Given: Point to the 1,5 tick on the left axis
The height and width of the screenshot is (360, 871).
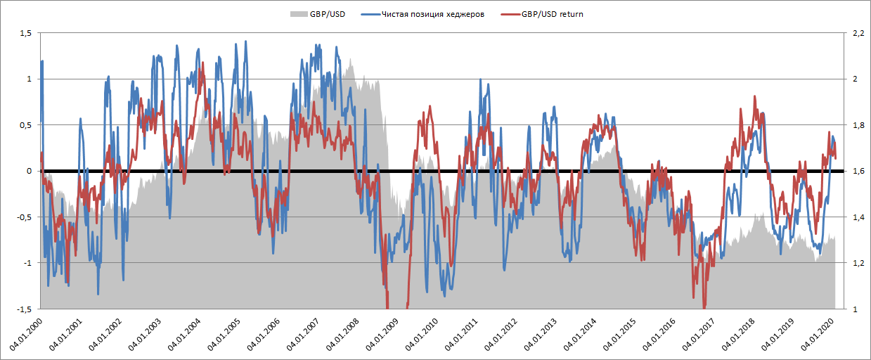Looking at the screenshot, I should pyautogui.click(x=25, y=33).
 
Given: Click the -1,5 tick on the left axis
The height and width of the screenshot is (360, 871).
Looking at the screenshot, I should pyautogui.click(x=24, y=309).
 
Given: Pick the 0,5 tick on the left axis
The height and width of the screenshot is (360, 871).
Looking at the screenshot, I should pyautogui.click(x=25, y=125).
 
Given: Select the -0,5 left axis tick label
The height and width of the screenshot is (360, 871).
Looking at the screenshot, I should pyautogui.click(x=24, y=217).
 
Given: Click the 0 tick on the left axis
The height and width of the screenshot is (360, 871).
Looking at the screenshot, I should pyautogui.click(x=30, y=171).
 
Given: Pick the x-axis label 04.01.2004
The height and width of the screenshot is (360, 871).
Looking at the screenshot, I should pyautogui.click(x=183, y=335).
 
